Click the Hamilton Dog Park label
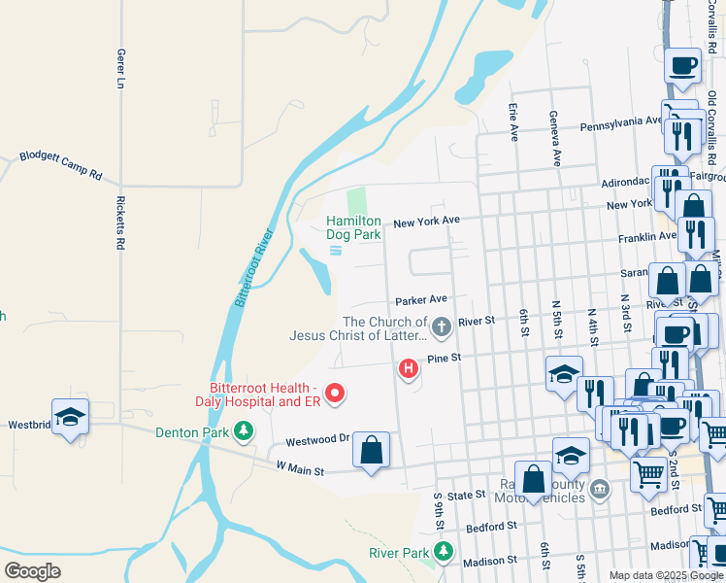[353, 227]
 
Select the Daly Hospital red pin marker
[336, 394]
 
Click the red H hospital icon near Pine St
[409, 368]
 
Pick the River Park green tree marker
[444, 552]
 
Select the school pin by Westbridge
[71, 417]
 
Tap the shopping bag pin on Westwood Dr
[371, 450]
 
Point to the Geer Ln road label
[121, 70]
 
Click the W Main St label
[299, 469]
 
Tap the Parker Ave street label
[420, 299]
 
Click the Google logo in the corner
[32, 571]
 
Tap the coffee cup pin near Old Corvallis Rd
[683, 65]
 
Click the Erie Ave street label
[512, 123]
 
